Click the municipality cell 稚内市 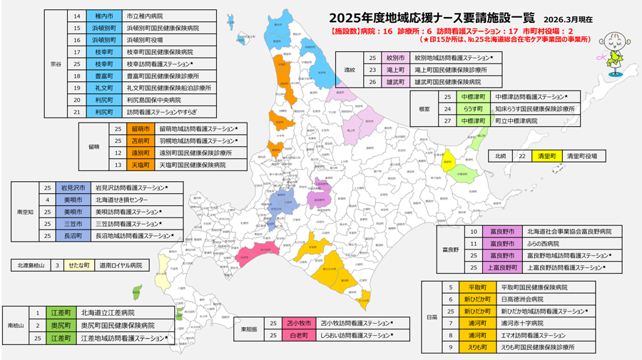pyautogui.click(x=103, y=16)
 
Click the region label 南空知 pyautogui.click(x=25, y=212)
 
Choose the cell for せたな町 pyautogui.click(x=79, y=265)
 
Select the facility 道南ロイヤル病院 pyautogui.click(x=120, y=265)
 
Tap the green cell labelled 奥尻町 pyautogui.click(x=61, y=325)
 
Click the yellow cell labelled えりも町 pyautogui.click(x=477, y=347)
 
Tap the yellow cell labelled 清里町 pyautogui.click(x=546, y=155)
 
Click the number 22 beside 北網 pyautogui.click(x=522, y=155)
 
